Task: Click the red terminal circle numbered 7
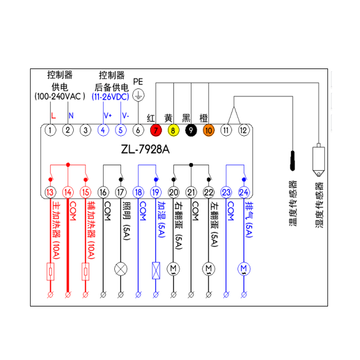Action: tap(156, 130)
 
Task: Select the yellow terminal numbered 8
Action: tap(173, 130)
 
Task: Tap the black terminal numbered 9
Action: tap(191, 130)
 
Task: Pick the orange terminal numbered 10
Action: tap(208, 130)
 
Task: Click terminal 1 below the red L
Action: tap(50, 130)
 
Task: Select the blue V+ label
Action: tap(108, 116)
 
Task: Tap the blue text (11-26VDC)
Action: tap(110, 97)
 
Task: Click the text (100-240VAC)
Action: tap(60, 97)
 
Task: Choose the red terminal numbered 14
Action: tap(68, 192)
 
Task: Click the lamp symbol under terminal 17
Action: tap(121, 269)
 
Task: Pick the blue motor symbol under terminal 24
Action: tap(244, 269)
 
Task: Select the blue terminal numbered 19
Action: tap(156, 192)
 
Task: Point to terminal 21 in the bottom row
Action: tap(191, 192)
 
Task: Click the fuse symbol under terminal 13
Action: tap(50, 271)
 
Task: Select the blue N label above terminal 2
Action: tap(71, 116)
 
